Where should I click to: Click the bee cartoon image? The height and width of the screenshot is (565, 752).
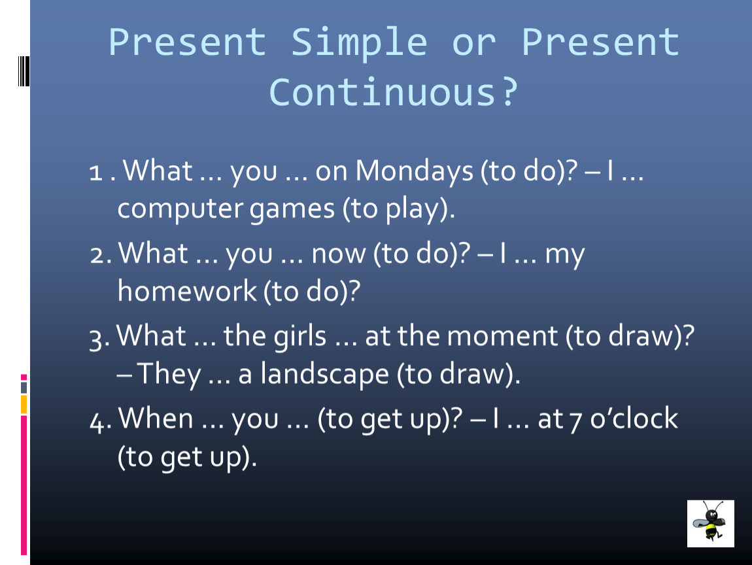click(711, 524)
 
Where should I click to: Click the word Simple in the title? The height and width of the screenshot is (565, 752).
click(359, 43)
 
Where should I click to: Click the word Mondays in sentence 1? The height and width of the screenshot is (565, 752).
click(415, 171)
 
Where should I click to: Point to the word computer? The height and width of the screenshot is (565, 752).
click(180, 210)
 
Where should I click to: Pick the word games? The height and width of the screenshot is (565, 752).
click(292, 210)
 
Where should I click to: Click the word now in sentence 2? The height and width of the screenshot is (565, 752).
click(339, 254)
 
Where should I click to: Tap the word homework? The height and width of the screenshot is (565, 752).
click(187, 290)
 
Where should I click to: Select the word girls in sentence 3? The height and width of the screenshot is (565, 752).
click(299, 335)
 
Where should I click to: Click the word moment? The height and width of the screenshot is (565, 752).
click(502, 336)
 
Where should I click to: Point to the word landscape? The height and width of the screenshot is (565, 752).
click(324, 374)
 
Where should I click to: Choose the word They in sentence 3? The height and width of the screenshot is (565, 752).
click(169, 374)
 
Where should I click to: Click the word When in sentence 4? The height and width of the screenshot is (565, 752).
click(156, 418)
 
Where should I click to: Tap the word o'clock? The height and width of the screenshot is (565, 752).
click(634, 418)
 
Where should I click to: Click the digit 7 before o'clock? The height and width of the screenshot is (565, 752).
click(576, 422)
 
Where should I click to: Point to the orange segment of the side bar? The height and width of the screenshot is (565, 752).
click(24, 405)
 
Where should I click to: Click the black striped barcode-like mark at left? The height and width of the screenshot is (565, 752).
click(24, 71)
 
